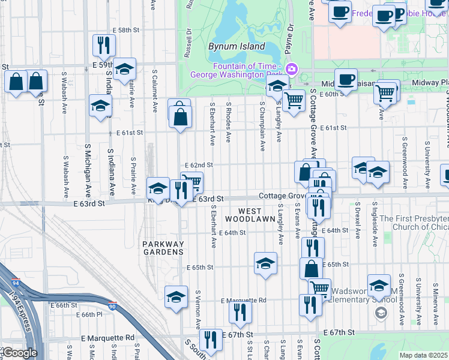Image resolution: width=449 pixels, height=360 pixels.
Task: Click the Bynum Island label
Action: (236, 46)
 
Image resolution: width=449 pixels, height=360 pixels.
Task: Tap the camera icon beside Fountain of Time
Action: (292, 69)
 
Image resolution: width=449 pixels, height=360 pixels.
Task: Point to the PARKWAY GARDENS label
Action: (163, 248)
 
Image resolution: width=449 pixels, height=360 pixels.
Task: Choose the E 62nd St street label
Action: (199, 164)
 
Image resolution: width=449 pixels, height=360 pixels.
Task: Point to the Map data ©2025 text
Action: (424, 355)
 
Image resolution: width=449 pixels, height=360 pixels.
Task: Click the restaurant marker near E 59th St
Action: (104, 45)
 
